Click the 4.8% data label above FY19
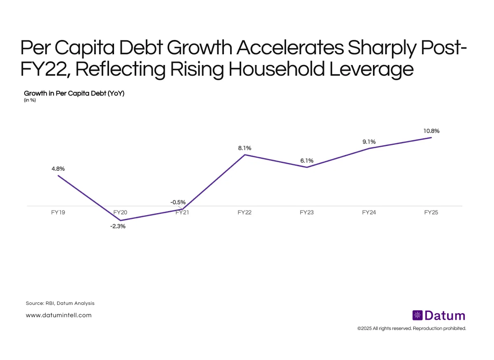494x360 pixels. click(x=58, y=169)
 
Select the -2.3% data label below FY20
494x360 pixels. click(x=118, y=226)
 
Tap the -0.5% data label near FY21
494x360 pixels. click(x=178, y=202)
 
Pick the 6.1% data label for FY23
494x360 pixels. click(x=307, y=161)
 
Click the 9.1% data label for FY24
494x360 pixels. click(x=369, y=142)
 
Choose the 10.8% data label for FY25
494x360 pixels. click(x=431, y=131)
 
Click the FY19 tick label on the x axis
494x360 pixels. click(x=58, y=213)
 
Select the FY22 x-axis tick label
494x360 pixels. click(x=245, y=213)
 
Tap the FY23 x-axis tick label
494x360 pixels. click(x=307, y=213)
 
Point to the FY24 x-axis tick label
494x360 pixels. click(x=369, y=213)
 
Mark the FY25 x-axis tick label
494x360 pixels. click(x=431, y=213)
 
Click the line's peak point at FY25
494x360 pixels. click(x=431, y=137)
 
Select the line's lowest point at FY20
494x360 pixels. click(x=120, y=221)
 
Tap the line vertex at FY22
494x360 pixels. click(x=245, y=155)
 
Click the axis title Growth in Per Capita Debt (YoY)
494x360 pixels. click(x=74, y=93)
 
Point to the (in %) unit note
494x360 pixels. click(x=30, y=100)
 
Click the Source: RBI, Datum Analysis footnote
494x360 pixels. click(x=60, y=303)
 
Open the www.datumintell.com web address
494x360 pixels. click(x=58, y=315)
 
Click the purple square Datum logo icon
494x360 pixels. click(x=417, y=316)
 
